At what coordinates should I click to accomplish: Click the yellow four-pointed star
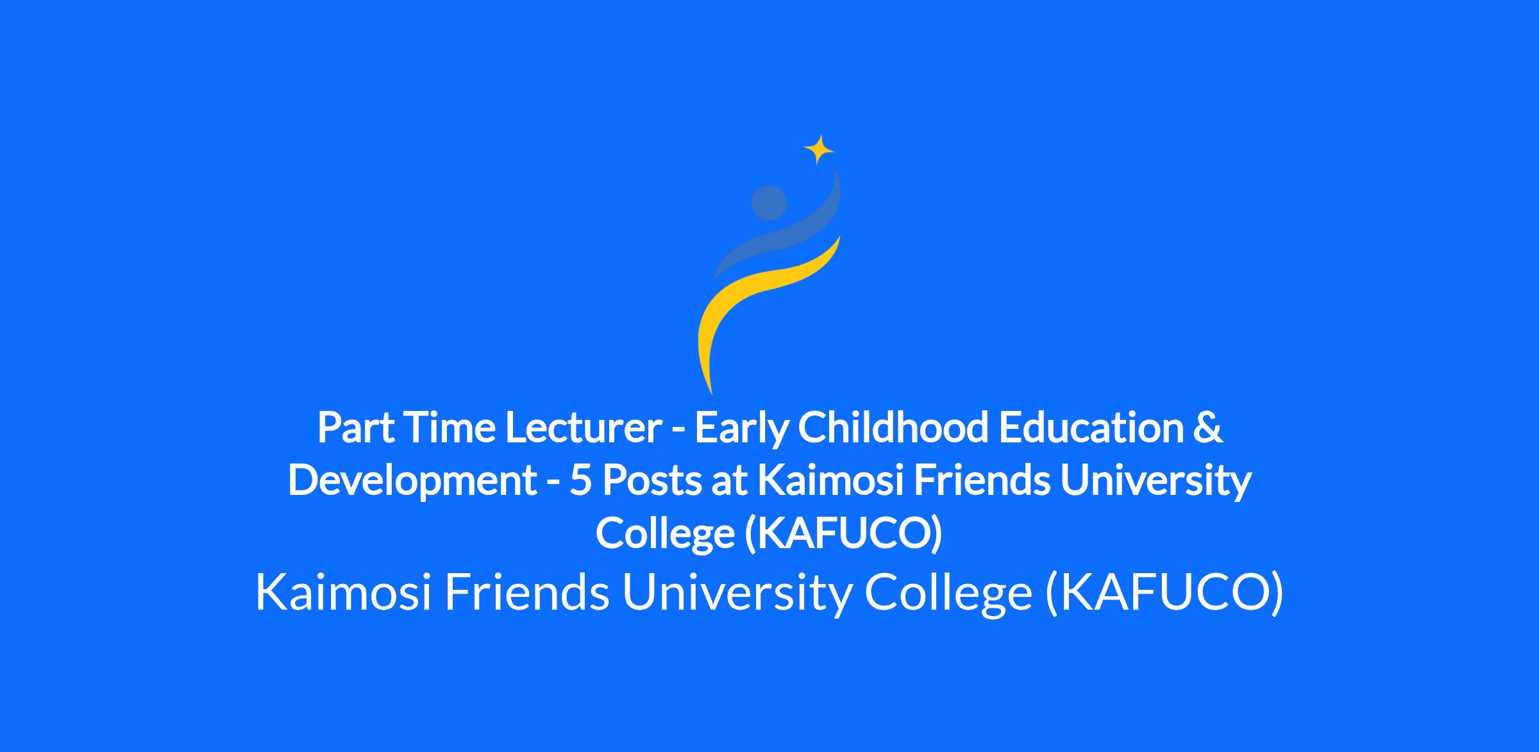[819, 150]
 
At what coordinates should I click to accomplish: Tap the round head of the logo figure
[769, 203]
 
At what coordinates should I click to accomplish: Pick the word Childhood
[893, 428]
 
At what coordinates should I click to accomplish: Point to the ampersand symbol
[1208, 428]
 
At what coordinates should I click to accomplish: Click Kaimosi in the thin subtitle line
[344, 592]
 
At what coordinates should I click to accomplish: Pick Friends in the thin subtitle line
[526, 592]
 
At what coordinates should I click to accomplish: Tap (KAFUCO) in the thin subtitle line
[1165, 594]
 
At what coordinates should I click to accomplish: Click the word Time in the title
[449, 428]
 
